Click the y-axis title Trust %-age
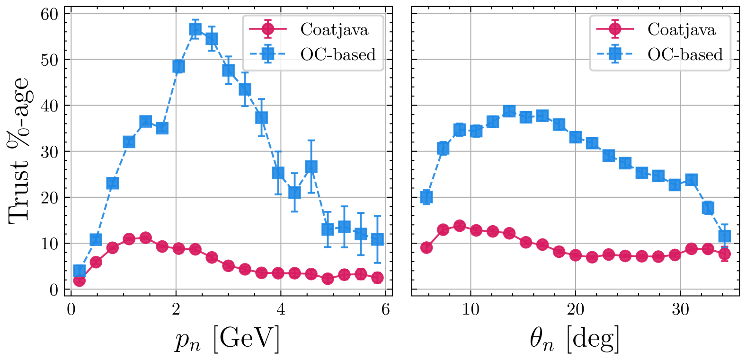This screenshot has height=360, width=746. click(19, 150)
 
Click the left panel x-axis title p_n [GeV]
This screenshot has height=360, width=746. click(228, 339)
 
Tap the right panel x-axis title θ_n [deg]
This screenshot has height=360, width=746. click(574, 339)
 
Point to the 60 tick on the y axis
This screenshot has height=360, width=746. click(50, 14)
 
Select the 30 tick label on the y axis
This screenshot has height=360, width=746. click(50, 152)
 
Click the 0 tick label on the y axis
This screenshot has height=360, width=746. click(53, 290)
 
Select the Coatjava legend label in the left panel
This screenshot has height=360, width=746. click(334, 30)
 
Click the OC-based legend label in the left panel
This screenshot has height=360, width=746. click(338, 55)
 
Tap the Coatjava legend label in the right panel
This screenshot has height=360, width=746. click(681, 30)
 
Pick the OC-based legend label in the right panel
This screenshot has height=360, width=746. click(685, 55)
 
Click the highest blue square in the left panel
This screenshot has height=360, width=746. click(195, 29)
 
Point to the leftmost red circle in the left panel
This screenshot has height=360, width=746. click(80, 281)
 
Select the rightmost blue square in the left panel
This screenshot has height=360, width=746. click(377, 239)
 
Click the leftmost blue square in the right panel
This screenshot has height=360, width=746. click(426, 197)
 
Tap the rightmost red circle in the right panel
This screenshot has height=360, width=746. click(724, 254)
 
